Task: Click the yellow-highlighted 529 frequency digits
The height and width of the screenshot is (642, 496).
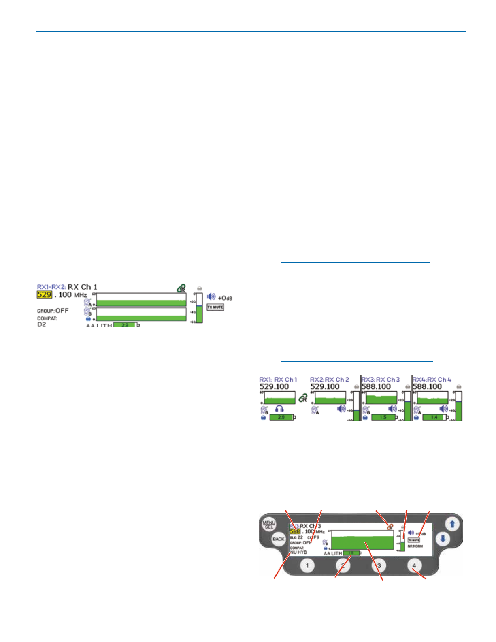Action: coord(44,294)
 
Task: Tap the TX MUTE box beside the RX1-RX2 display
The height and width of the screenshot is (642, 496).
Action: coord(215,307)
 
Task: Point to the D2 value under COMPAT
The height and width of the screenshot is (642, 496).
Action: coord(42,324)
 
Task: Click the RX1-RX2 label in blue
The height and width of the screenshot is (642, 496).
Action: coord(51,287)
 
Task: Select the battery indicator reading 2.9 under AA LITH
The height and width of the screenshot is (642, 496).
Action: coord(126,325)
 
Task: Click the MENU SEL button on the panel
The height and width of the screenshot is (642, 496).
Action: coord(269,525)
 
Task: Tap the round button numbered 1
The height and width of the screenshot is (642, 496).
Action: coord(307,565)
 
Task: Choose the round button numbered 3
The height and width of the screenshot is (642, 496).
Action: coord(379,565)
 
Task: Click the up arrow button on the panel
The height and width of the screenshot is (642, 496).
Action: coord(452,524)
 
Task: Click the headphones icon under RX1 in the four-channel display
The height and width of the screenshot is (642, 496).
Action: coord(279,410)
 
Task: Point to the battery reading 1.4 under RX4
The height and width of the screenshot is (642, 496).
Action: coord(434,417)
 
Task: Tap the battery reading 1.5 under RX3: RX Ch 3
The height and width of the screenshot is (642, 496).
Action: coord(383,417)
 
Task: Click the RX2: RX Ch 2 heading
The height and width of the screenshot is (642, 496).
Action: coord(329,380)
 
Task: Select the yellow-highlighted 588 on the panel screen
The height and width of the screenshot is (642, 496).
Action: coord(294,531)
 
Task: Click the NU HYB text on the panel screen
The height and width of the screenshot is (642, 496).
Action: coord(298,552)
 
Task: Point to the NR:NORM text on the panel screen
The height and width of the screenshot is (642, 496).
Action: coord(415,546)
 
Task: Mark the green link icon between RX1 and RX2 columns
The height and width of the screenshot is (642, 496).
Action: coord(303,399)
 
